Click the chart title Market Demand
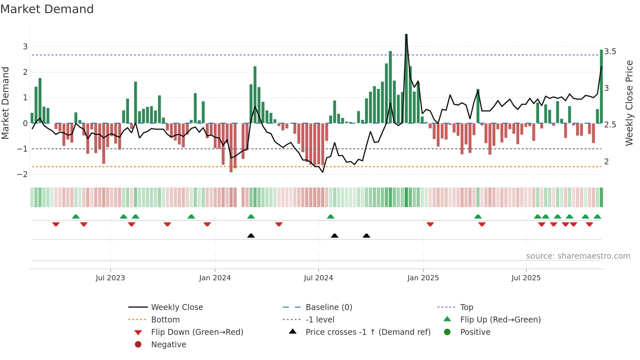coord(47,9)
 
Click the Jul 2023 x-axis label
coord(110,278)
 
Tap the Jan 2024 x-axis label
coord(215,278)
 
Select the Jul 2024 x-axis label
coord(318,278)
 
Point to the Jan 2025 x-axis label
coord(423,278)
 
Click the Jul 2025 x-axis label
coord(526,278)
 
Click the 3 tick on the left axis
coord(25,47)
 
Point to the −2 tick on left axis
coord(23,174)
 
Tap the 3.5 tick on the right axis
coord(610,52)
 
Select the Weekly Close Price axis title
coord(629,103)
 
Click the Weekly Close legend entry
coord(177,307)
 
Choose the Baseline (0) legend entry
coord(328,307)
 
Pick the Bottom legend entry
coord(165,320)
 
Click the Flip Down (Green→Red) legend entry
coord(197,332)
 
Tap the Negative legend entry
coord(168,345)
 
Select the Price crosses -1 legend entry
coord(368,332)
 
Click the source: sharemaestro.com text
coord(578,256)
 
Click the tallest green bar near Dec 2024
coord(406,78)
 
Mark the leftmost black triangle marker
coord(251,236)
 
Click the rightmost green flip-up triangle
coord(597,217)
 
